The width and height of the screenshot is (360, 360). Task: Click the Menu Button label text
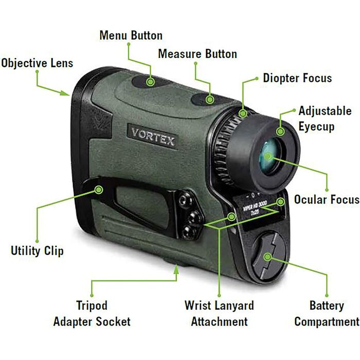[131, 35]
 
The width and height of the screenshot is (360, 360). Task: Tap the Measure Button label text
[197, 53]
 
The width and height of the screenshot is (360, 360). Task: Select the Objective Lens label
[37, 63]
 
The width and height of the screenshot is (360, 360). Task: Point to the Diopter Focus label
[297, 78]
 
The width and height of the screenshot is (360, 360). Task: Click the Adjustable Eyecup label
[325, 119]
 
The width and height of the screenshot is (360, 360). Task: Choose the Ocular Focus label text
[327, 200]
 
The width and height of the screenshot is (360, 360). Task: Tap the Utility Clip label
[37, 250]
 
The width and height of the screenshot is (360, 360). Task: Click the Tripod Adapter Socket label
[92, 313]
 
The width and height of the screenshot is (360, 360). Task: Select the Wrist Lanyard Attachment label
[219, 313]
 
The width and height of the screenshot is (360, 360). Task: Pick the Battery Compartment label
[327, 313]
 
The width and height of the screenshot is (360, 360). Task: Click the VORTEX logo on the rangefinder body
[152, 137]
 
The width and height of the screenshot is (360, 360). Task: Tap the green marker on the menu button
[150, 82]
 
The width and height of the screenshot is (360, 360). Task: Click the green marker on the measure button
[210, 100]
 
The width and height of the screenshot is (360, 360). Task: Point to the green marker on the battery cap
[268, 257]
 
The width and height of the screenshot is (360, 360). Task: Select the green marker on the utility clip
[99, 190]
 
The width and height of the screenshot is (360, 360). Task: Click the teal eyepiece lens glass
[269, 156]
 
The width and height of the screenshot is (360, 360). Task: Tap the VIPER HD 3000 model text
[255, 206]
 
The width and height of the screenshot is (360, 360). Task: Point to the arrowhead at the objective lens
[65, 93]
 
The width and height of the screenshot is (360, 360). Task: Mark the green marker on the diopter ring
[243, 113]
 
